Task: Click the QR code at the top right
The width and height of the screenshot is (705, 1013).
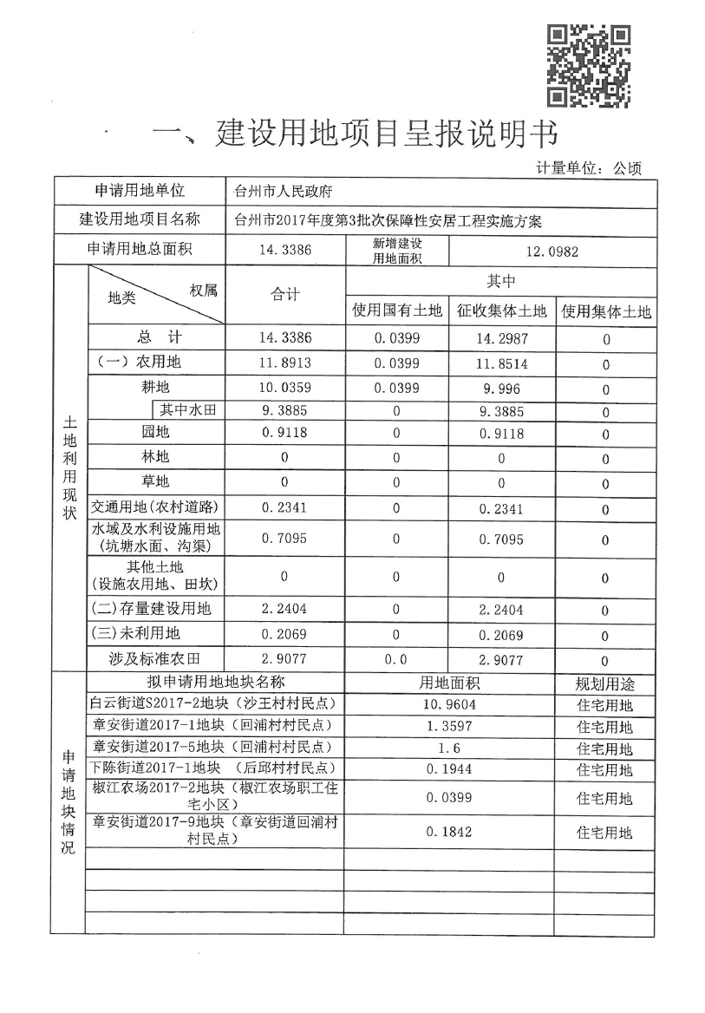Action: tap(588, 67)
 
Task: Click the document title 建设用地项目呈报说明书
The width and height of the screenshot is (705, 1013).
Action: tap(354, 135)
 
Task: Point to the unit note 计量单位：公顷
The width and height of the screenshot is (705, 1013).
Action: tap(589, 168)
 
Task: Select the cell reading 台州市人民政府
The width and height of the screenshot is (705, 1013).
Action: tap(284, 192)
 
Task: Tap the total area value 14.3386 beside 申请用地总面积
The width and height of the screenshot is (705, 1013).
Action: tap(284, 251)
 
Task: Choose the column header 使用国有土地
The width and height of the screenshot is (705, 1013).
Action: tap(396, 310)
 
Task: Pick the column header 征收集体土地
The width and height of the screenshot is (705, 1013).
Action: tap(501, 310)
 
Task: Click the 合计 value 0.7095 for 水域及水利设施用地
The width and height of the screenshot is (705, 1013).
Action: tap(284, 539)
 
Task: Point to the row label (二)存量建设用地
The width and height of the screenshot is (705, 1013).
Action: tap(152, 609)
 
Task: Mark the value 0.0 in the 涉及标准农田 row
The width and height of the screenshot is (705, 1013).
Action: tap(396, 659)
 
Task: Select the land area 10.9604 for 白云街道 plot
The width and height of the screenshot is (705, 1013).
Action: tap(450, 704)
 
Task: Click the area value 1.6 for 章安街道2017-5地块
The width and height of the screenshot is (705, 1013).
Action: tap(450, 748)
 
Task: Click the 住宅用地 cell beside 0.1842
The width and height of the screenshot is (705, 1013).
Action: tap(604, 833)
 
